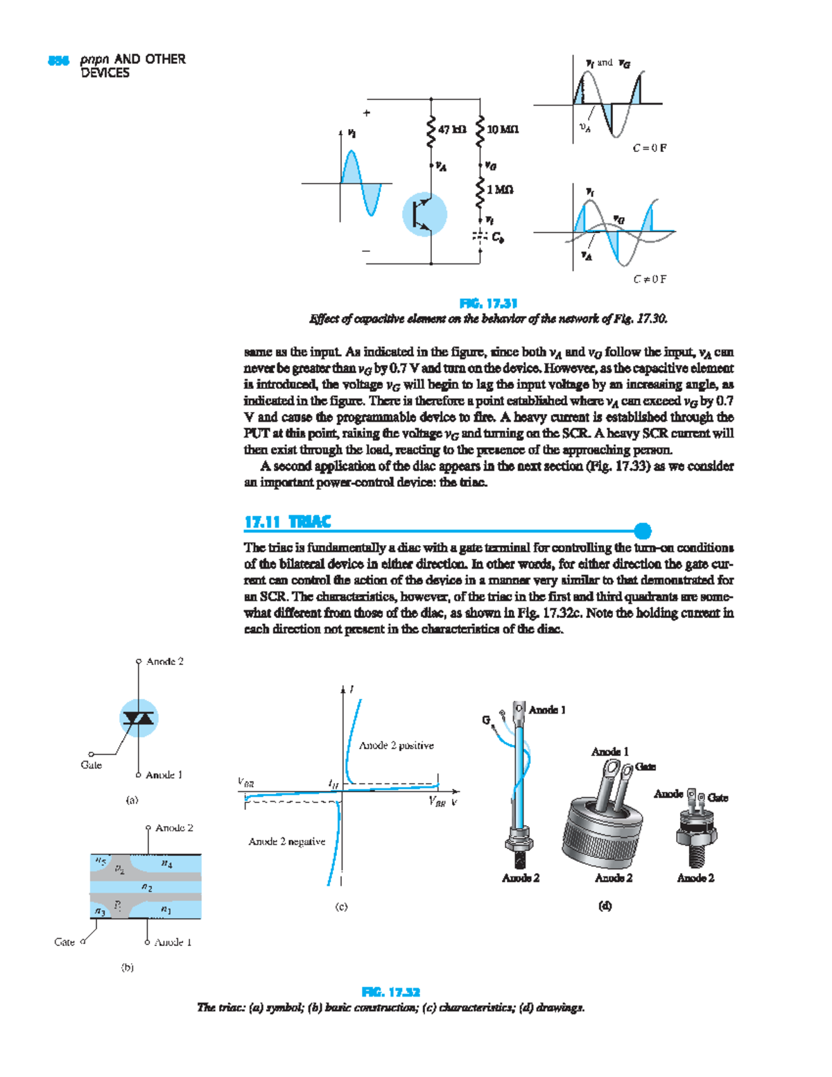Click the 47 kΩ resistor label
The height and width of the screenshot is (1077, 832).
(x=452, y=130)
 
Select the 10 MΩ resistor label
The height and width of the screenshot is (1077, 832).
(x=503, y=130)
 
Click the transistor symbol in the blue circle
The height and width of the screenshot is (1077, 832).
(x=424, y=214)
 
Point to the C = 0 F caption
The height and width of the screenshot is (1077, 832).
(x=649, y=148)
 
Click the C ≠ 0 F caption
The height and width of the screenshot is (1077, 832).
(x=649, y=279)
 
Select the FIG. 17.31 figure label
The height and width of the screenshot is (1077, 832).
(x=488, y=304)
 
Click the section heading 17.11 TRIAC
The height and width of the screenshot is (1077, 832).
(x=288, y=522)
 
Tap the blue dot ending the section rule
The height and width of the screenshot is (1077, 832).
(x=643, y=531)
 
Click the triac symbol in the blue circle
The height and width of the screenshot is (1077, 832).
(x=139, y=718)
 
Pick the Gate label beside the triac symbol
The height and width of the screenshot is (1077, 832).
(x=91, y=765)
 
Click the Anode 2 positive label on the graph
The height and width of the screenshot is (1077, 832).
(x=396, y=746)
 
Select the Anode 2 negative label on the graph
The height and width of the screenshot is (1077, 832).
(x=286, y=841)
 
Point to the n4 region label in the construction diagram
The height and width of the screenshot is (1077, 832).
(x=166, y=864)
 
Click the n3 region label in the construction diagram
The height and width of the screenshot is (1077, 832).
(x=100, y=911)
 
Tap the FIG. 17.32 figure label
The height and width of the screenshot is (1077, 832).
(x=390, y=992)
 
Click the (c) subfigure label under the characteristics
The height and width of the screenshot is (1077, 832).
(x=341, y=906)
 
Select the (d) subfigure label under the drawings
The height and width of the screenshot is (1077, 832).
(x=605, y=906)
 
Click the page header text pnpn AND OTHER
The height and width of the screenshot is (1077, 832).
(x=132, y=60)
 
